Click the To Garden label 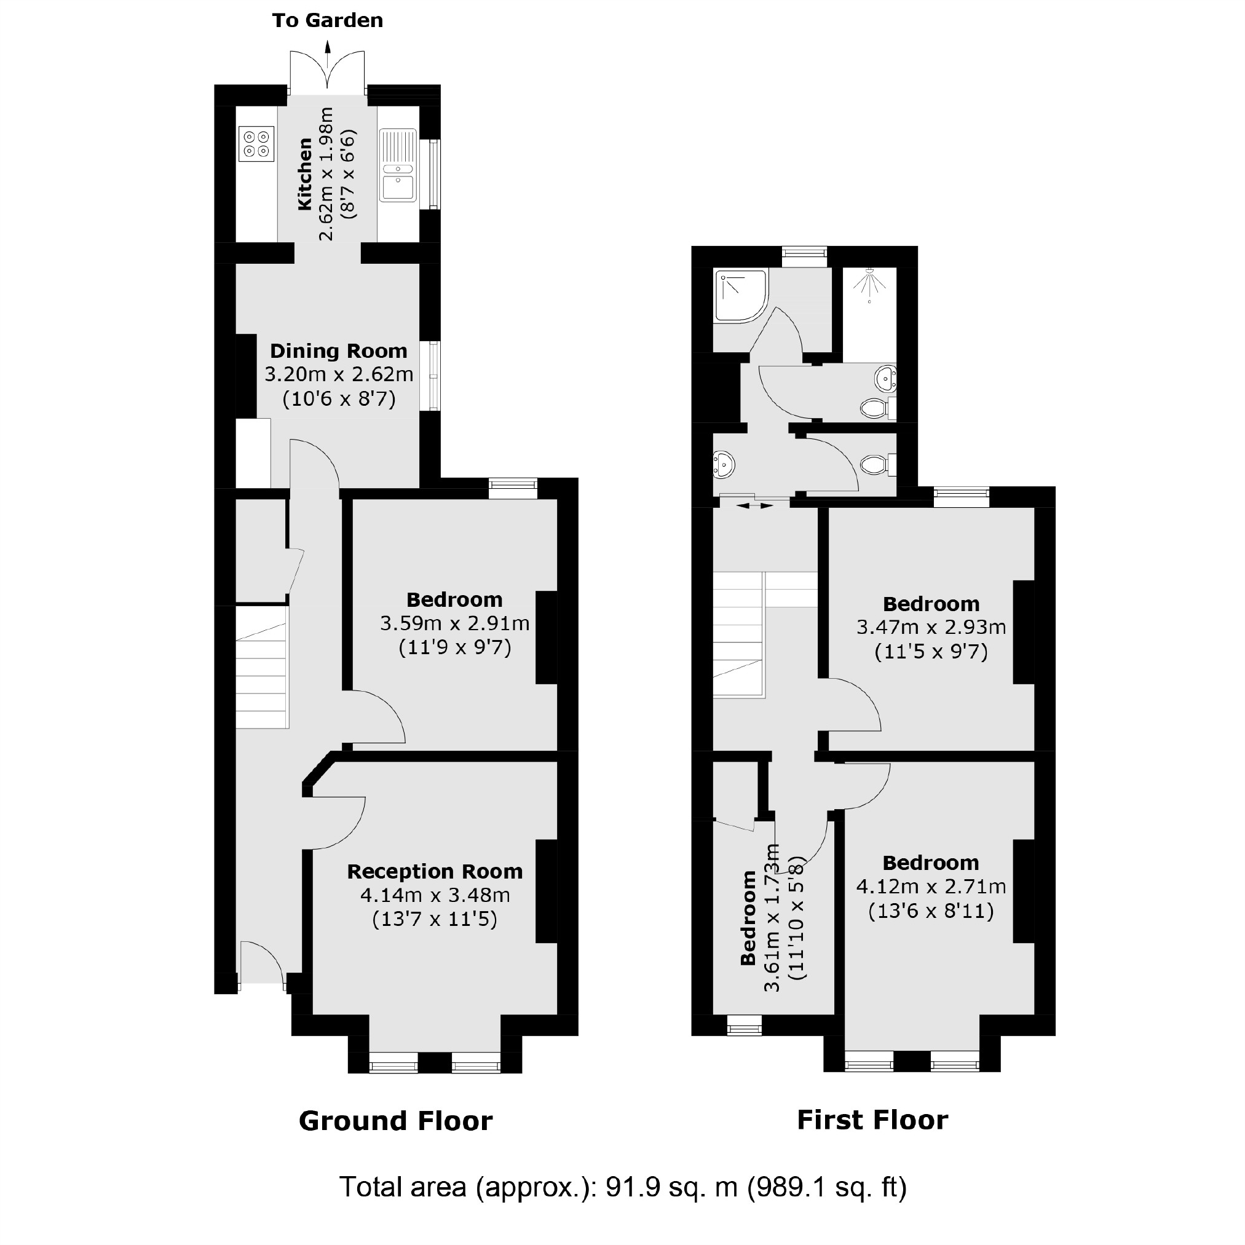coord(327,21)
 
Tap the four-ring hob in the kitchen coord(256,144)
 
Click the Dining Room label coord(338,351)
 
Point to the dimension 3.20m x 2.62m coord(338,374)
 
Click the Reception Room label coord(434,872)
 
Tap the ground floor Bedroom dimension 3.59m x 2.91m coord(454,623)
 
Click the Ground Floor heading coord(395,1121)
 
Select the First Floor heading coord(872,1120)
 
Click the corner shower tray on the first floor coord(740,295)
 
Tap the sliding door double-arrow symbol coord(754,506)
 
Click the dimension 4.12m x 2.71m coord(931,887)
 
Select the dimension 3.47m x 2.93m coord(931,627)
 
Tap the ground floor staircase coord(261,670)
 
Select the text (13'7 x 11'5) coord(434,919)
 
